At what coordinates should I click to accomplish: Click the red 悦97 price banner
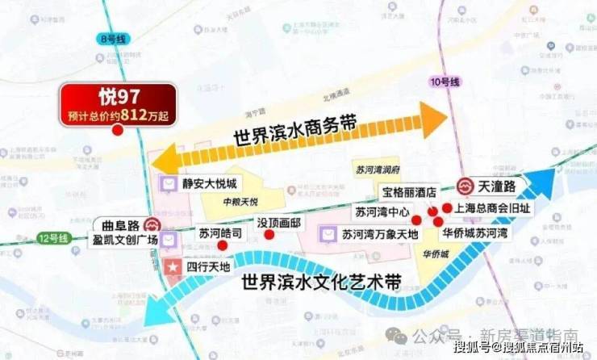(116, 104)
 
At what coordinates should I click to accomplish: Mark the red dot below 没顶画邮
(269, 235)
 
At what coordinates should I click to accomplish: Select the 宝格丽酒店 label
(409, 192)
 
